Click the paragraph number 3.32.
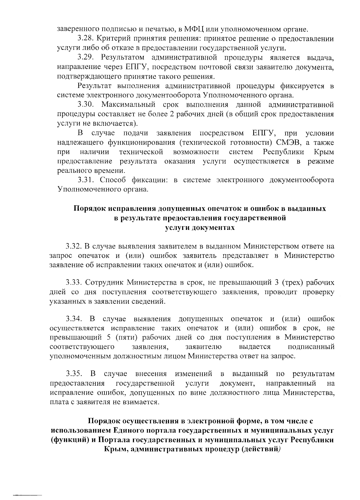click(x=74, y=246)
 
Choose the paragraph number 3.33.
click(x=74, y=282)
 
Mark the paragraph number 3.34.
click(x=74, y=318)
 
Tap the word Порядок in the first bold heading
click(x=89, y=208)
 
